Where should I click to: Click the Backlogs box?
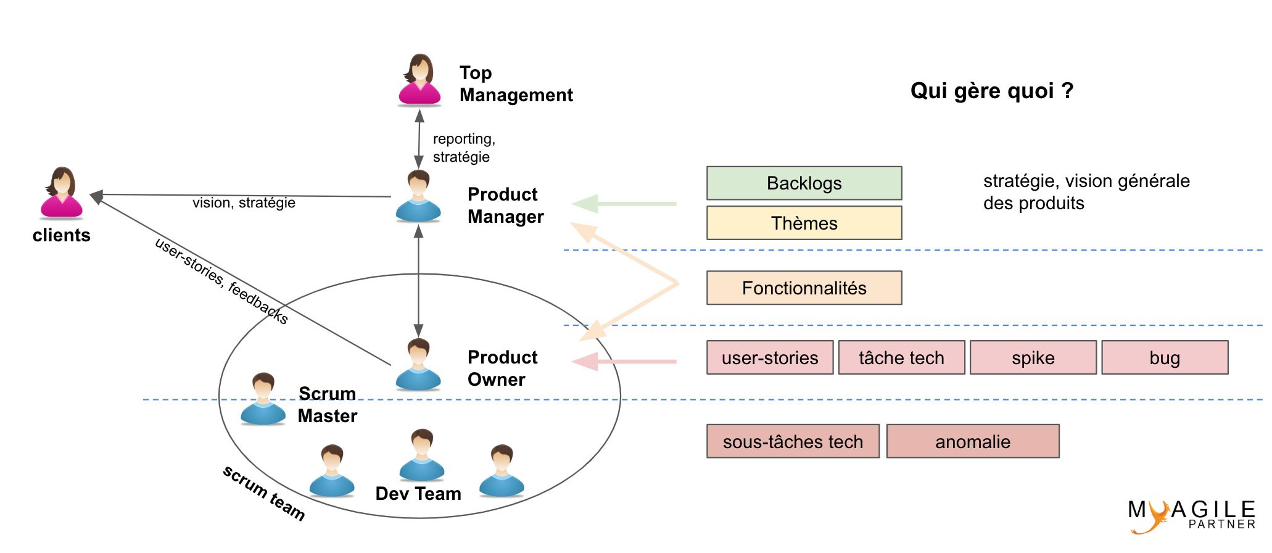coord(804,183)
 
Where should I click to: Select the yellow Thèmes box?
coord(804,223)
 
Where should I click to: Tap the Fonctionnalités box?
coord(804,288)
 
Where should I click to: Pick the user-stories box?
coord(770,357)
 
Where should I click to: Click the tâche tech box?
coord(901,357)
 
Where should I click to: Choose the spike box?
coord(1033,357)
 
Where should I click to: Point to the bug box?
coord(1165,357)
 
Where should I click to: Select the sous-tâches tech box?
coord(793,441)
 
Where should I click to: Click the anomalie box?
coord(973,441)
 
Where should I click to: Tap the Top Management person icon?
coord(419,80)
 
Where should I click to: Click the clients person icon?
coord(61,193)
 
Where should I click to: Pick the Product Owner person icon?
coord(418,364)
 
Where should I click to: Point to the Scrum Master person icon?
coord(263,399)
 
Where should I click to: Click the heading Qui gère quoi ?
coord(992,91)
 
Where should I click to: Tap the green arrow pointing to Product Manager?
coord(624,204)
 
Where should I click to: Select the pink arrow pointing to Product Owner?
coord(624,362)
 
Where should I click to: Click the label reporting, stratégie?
coord(464,148)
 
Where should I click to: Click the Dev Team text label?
coord(418,494)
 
